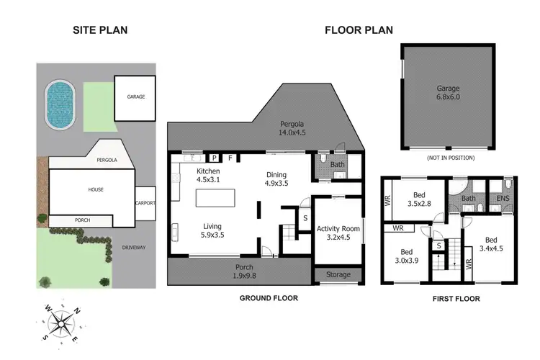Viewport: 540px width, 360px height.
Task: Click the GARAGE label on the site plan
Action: [x=136, y=96]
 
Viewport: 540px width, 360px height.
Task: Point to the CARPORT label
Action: [x=145, y=203]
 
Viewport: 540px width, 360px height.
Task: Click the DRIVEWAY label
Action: [x=133, y=248]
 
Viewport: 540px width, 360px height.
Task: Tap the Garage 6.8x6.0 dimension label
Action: [x=448, y=94]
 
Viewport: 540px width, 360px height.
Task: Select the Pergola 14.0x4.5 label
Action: [x=293, y=128]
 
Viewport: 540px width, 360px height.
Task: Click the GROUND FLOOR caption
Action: [x=268, y=298]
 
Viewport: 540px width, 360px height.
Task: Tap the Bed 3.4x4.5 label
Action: [x=490, y=245]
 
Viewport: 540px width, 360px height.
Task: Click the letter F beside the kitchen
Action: [x=230, y=158]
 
